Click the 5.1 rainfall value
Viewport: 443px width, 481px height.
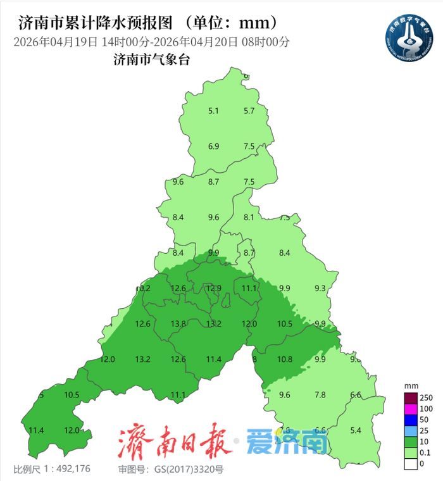tap(213, 111)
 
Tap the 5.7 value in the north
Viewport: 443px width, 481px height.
tap(249, 111)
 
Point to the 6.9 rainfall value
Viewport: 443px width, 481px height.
tap(213, 147)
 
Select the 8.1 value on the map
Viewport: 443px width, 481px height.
tap(249, 218)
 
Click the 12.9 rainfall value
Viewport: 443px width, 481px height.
tap(215, 289)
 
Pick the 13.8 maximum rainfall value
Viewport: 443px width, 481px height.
tap(178, 324)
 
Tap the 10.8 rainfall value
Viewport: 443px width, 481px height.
tap(285, 359)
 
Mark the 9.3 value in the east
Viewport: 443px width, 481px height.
tap(320, 289)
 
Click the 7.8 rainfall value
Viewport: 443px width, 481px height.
tap(320, 395)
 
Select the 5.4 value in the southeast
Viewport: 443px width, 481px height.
tap(356, 430)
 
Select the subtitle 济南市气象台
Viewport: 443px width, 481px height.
tap(151, 61)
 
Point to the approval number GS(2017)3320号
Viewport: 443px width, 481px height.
tap(170, 470)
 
